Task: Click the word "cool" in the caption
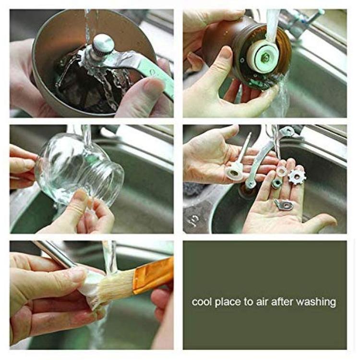(x=201, y=301)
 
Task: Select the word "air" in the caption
(x=262, y=302)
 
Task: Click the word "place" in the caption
(x=228, y=302)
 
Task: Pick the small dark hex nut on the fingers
(x=277, y=184)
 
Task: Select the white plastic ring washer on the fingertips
(x=282, y=171)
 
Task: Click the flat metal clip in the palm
(x=285, y=204)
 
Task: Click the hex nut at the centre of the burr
(x=265, y=56)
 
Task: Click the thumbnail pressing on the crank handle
(x=152, y=84)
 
